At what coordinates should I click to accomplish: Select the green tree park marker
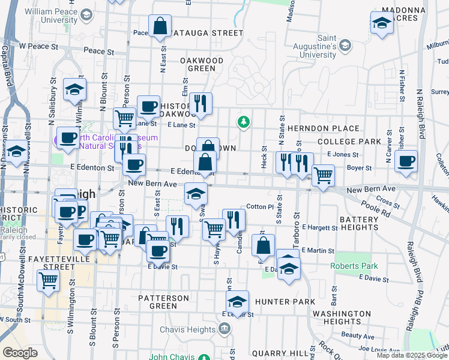[243, 122]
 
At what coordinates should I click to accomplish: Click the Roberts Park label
[353, 265]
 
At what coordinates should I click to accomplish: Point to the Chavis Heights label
[187, 329]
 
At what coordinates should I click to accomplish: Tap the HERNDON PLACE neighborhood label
[323, 128]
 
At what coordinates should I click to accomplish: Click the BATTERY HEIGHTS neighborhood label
[359, 224]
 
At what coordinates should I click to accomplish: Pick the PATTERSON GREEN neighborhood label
[163, 302]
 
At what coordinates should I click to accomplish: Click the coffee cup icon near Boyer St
[406, 161]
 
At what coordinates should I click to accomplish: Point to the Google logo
[20, 353]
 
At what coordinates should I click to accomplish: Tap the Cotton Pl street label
[260, 206]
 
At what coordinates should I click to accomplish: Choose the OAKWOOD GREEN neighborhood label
[202, 64]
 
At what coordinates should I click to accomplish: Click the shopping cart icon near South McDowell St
[48, 280]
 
